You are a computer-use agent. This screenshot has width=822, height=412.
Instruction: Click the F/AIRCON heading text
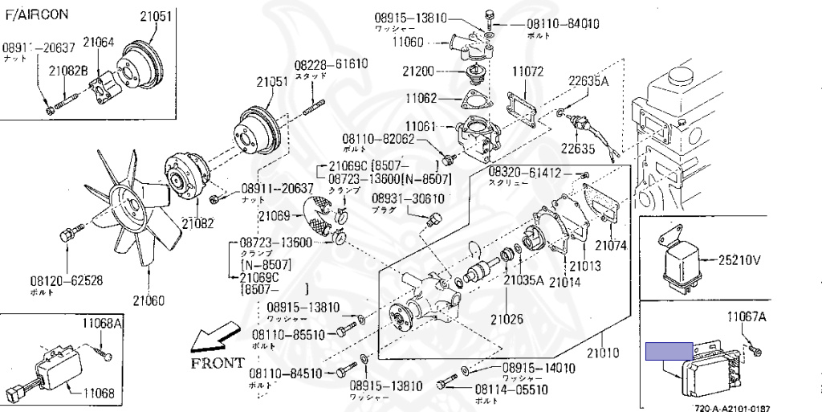coord(37,14)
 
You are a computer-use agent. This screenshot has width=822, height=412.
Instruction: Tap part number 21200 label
coord(418,71)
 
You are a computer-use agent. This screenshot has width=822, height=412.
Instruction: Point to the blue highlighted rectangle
coord(669,350)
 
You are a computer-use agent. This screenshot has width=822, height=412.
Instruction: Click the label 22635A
coord(588,81)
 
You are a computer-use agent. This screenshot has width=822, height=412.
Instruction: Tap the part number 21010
coord(603,352)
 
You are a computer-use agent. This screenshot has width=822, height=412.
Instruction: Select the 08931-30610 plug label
coord(407,198)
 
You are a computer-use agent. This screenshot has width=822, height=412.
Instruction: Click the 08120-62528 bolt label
coord(67,281)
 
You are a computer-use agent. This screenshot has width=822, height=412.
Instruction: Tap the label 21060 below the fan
coord(148,300)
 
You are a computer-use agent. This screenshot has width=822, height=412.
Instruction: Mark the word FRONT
coord(216,362)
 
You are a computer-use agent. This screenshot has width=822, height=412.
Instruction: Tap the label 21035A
coord(523,280)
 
